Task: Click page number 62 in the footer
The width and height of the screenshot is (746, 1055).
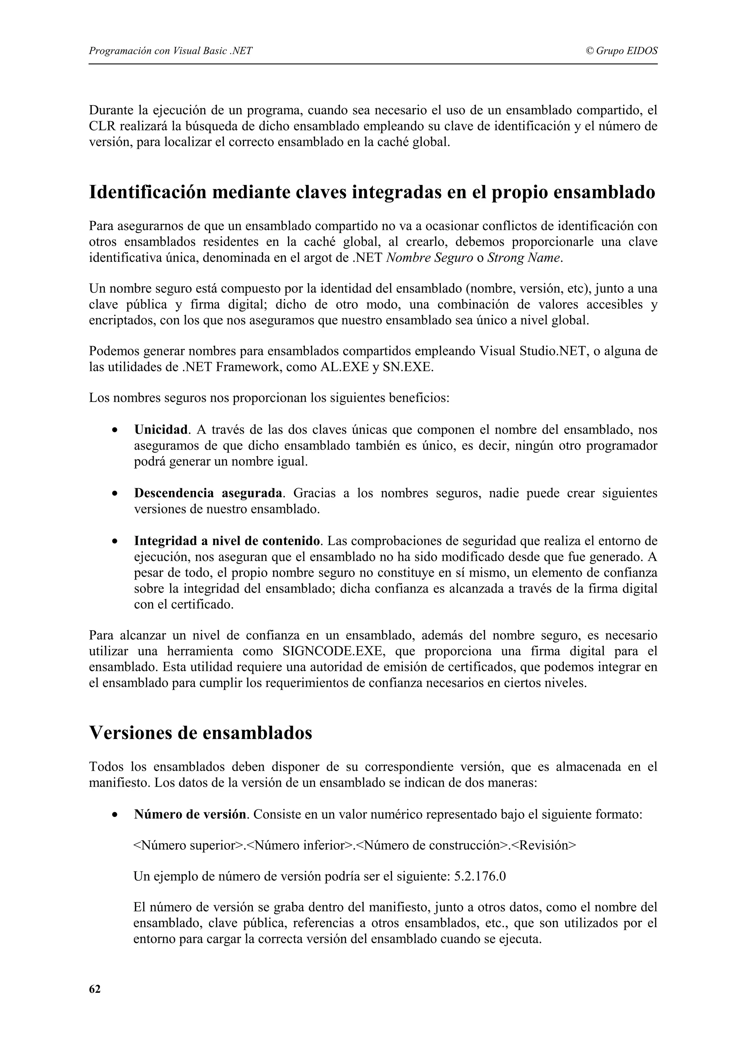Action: [94, 989]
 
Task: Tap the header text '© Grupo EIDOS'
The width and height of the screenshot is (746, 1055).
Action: [621, 51]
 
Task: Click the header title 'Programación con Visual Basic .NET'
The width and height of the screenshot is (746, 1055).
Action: [170, 51]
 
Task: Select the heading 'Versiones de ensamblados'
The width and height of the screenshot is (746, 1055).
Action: [200, 732]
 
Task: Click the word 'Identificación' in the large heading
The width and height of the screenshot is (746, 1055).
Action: [147, 192]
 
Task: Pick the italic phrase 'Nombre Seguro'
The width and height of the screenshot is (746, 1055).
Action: [429, 258]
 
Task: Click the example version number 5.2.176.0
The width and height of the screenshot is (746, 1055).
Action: [480, 876]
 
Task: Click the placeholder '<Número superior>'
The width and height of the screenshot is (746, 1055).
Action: [190, 845]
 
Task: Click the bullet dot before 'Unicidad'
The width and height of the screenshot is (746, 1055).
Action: [114, 431]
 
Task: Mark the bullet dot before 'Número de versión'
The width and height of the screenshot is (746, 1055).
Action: [114, 815]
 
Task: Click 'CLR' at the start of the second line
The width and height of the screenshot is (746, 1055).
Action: [102, 126]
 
